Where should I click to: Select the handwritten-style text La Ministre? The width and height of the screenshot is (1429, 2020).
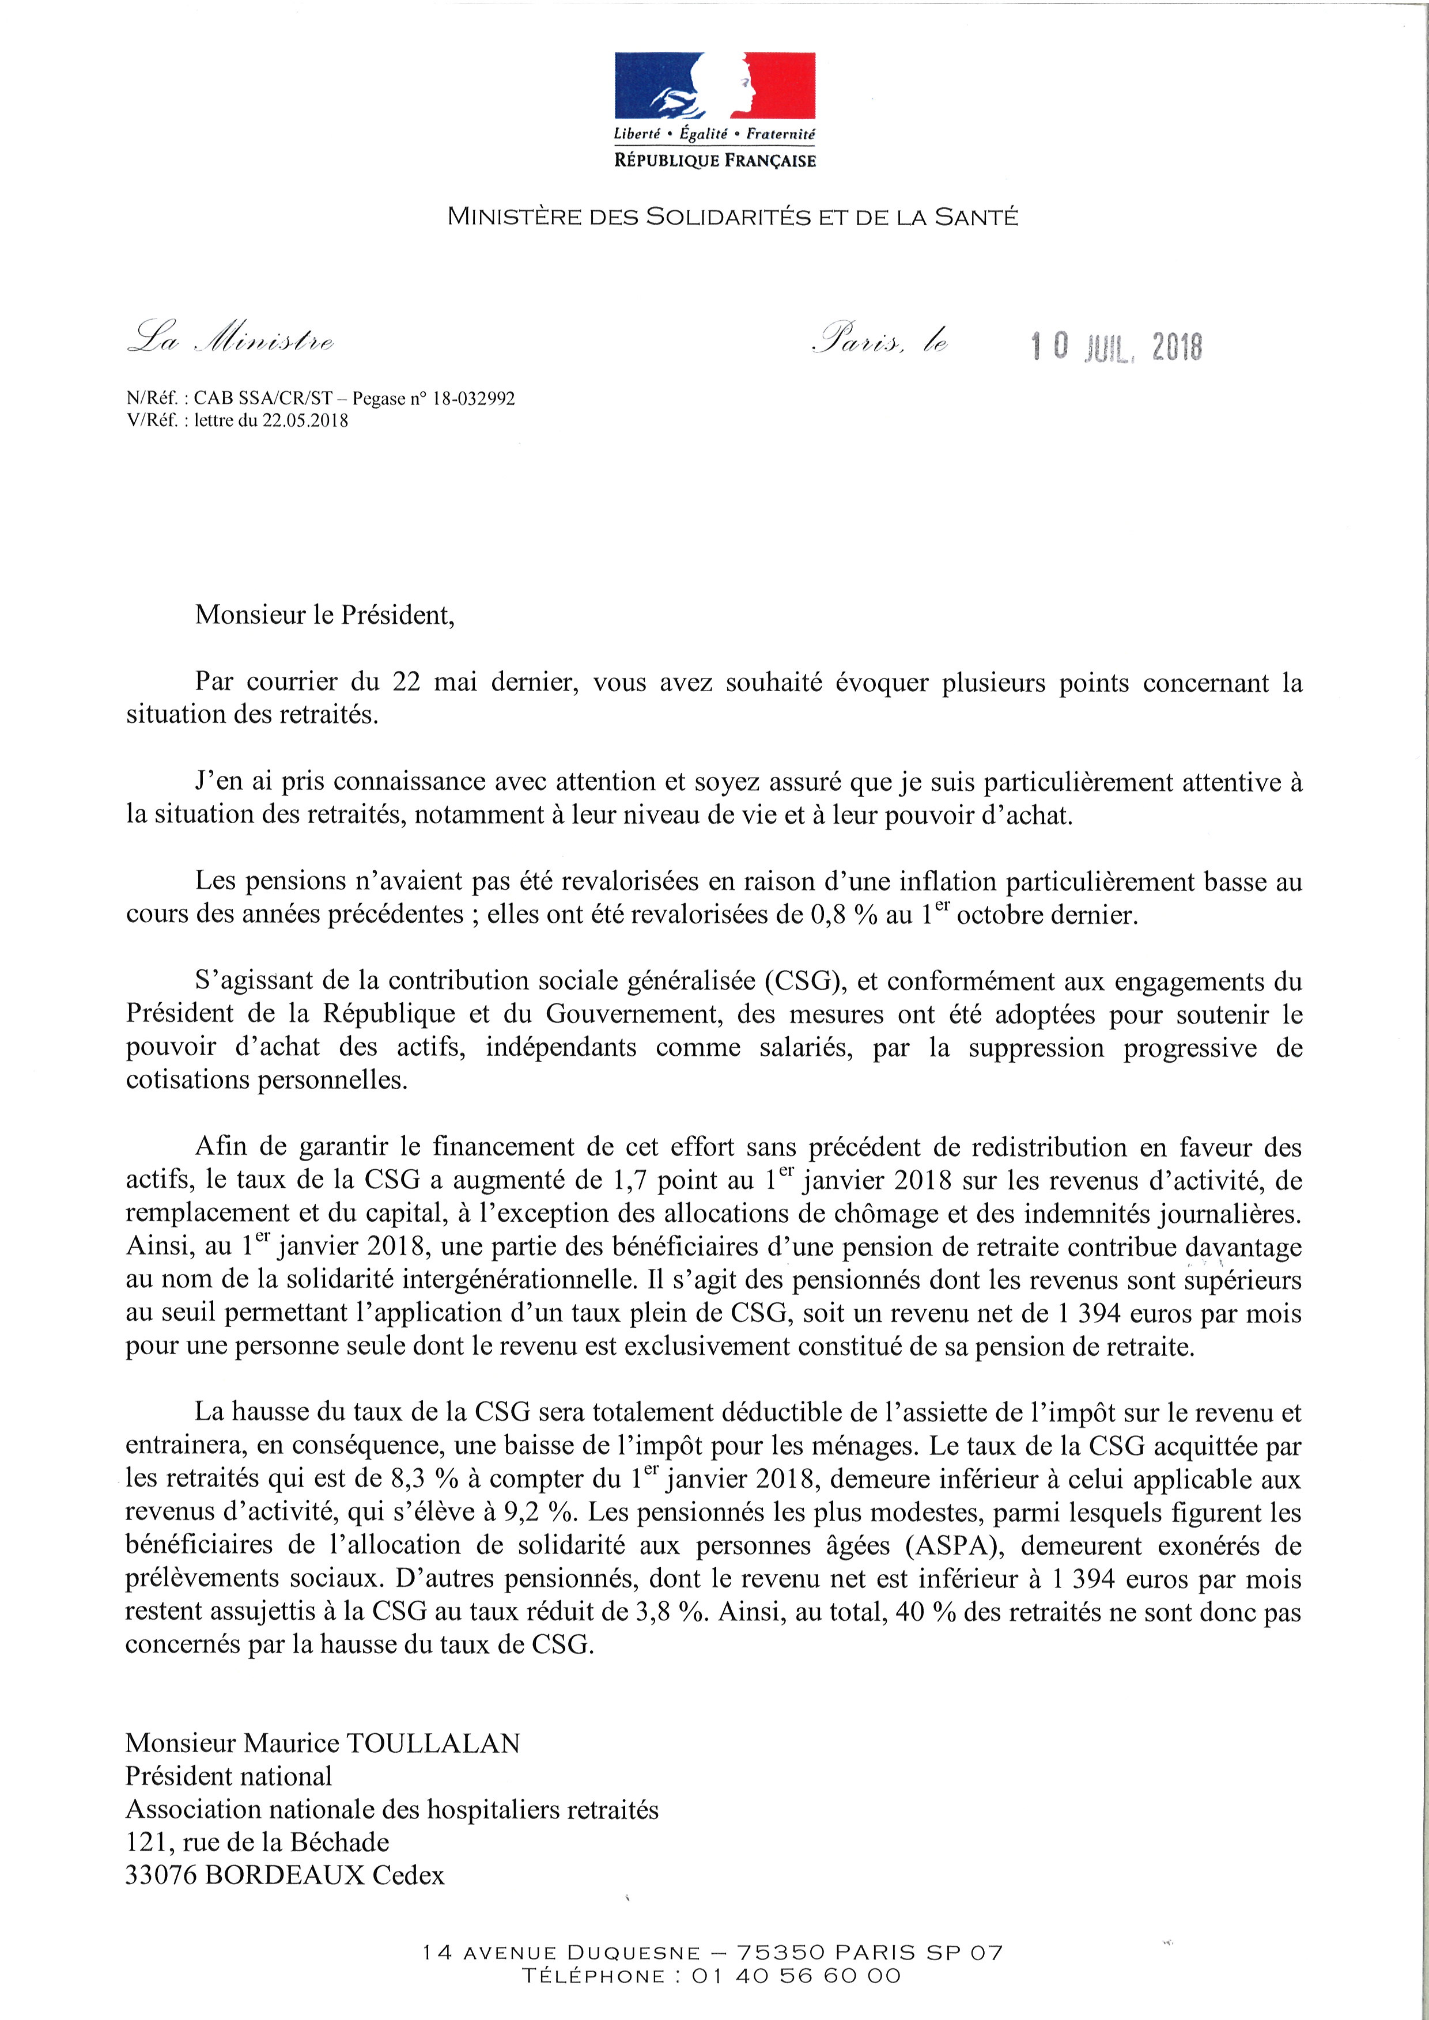coord(230,340)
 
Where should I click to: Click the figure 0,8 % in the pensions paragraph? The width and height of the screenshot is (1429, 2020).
coord(844,915)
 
